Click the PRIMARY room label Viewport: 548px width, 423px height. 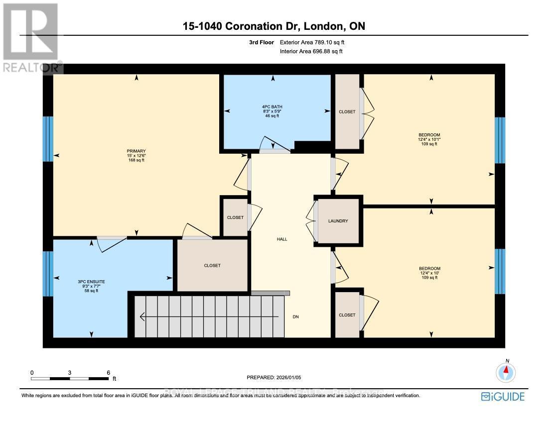[x=136, y=151]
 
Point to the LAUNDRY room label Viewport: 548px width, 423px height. [x=338, y=221]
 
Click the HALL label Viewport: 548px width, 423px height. [x=282, y=239]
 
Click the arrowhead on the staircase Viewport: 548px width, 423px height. [x=143, y=317]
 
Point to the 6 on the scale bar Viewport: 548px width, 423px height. [x=108, y=372]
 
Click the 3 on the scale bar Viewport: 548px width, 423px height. [x=70, y=372]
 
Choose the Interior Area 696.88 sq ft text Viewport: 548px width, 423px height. [x=311, y=51]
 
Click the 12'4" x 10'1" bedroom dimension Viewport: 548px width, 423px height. [x=429, y=140]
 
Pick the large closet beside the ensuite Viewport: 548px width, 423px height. [x=212, y=265]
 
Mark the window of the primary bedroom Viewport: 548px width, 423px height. [x=48, y=139]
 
